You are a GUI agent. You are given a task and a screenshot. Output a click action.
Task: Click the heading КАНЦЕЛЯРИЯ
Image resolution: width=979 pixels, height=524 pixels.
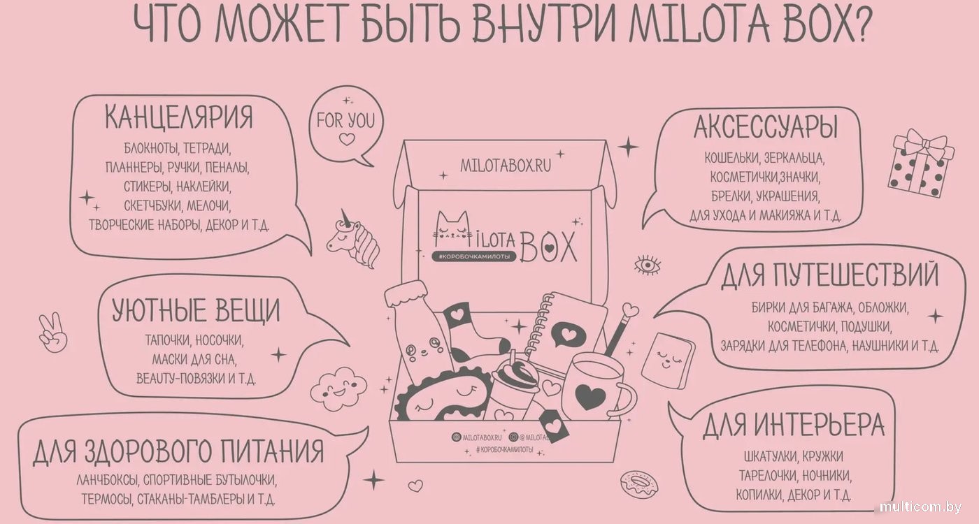179,117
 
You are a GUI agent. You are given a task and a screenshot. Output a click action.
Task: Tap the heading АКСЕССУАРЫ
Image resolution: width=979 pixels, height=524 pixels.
765,126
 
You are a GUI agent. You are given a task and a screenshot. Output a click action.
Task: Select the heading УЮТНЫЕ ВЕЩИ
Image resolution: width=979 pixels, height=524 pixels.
196,310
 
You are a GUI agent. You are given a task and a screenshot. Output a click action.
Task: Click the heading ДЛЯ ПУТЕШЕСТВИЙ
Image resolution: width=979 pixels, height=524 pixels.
829,275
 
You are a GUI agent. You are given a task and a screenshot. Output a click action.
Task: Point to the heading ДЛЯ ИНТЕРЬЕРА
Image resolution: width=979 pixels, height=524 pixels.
794,425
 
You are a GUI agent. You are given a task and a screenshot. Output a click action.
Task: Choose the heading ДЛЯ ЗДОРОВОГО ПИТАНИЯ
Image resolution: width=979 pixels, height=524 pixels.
178,451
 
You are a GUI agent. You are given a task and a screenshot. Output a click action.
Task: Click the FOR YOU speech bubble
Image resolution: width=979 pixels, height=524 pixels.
345,125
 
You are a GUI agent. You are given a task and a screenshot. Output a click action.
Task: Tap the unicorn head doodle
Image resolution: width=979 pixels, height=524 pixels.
354,238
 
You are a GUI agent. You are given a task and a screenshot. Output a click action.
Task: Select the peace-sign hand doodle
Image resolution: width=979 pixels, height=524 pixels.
52,333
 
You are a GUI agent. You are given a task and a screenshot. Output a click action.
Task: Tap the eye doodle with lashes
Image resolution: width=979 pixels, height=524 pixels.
647,265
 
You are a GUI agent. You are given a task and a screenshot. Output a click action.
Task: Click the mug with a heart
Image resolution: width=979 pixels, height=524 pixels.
599,387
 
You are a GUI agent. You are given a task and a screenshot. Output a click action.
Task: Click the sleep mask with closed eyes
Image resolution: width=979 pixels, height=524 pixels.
441,395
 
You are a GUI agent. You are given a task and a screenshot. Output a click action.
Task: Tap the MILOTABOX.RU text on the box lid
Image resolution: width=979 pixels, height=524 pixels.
506,166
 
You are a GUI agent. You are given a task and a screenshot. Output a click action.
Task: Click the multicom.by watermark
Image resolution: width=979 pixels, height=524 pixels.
920,507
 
